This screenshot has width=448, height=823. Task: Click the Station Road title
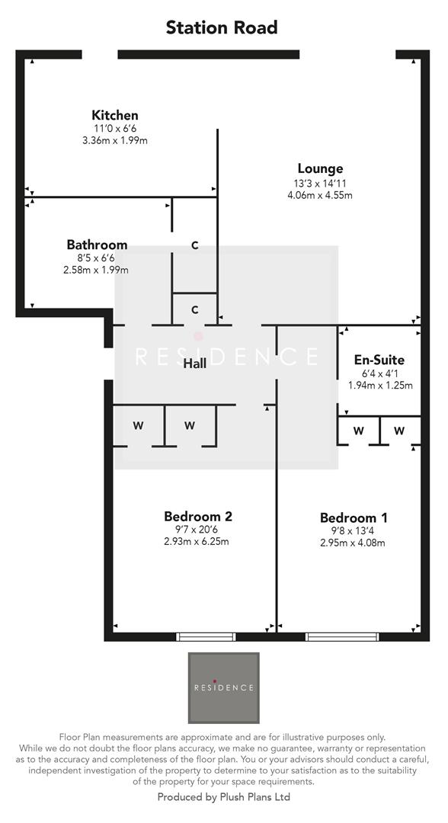tap(222, 28)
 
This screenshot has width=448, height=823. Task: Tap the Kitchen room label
tap(115, 115)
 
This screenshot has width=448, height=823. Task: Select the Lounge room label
tap(320, 168)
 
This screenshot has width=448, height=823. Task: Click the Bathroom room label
tap(97, 245)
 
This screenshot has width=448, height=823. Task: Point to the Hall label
tap(195, 364)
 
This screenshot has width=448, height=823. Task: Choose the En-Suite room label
tap(379, 360)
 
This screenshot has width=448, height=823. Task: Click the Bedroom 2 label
tap(198, 516)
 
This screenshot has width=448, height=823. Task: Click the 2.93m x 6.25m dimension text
tap(197, 542)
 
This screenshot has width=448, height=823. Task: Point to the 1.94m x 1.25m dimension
tap(380, 386)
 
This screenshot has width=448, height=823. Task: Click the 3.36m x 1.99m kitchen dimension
tap(114, 141)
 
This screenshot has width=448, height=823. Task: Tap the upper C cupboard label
tap(195, 245)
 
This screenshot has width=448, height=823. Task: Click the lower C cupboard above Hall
tap(195, 309)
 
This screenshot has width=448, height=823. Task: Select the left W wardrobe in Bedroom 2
tap(138, 425)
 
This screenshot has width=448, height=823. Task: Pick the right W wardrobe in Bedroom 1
tap(399, 431)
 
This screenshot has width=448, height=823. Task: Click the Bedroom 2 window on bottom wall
tap(206, 636)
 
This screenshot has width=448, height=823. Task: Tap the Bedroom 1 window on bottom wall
tap(348, 636)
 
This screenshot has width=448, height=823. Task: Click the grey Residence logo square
tap(223, 687)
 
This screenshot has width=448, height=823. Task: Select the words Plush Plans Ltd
tap(251, 797)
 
